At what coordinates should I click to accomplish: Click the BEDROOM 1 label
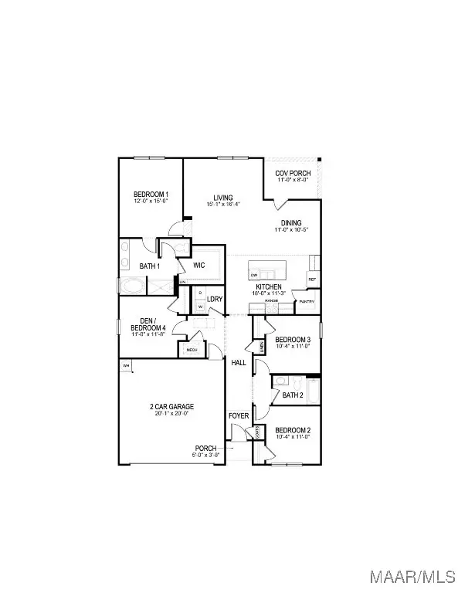pyautogui.click(x=151, y=195)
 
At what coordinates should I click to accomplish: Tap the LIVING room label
pyautogui.click(x=223, y=198)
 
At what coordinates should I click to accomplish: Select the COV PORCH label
pyautogui.click(x=293, y=173)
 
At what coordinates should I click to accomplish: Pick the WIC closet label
pyautogui.click(x=198, y=265)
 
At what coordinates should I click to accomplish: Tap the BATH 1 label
pyautogui.click(x=150, y=266)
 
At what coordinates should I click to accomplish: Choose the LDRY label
pyautogui.click(x=215, y=299)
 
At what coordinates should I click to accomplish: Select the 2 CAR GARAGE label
pyautogui.click(x=171, y=407)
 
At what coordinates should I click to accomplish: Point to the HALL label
pyautogui.click(x=238, y=361)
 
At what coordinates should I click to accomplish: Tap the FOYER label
pyautogui.click(x=239, y=416)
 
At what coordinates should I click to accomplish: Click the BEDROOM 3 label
pyautogui.click(x=293, y=340)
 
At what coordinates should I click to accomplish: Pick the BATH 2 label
pyautogui.click(x=293, y=395)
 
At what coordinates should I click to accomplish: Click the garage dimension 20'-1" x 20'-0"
pyautogui.click(x=171, y=414)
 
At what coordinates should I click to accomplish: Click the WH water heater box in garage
pyautogui.click(x=125, y=365)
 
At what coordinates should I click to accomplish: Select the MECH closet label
pyautogui.click(x=192, y=350)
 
